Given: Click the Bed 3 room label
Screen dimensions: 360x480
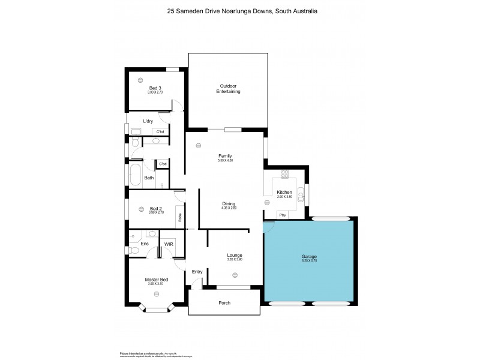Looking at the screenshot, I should pyautogui.click(x=155, y=88).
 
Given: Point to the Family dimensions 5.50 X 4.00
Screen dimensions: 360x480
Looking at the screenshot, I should pyautogui.click(x=225, y=160).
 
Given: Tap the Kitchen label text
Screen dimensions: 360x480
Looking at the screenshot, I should pyautogui.click(x=284, y=193).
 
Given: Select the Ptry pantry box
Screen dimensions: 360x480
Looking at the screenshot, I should pyautogui.click(x=282, y=214).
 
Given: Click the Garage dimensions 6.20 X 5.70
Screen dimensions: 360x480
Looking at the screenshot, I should pyautogui.click(x=309, y=261).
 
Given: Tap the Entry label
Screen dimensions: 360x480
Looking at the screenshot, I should pyautogui.click(x=197, y=272).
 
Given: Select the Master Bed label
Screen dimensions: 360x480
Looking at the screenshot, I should pyautogui.click(x=155, y=279).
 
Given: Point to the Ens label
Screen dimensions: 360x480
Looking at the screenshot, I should pyautogui.click(x=144, y=244).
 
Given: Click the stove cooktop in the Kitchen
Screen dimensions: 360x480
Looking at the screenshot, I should pyautogui.click(x=285, y=175).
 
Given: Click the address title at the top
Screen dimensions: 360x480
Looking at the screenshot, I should pyautogui.click(x=239, y=11).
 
